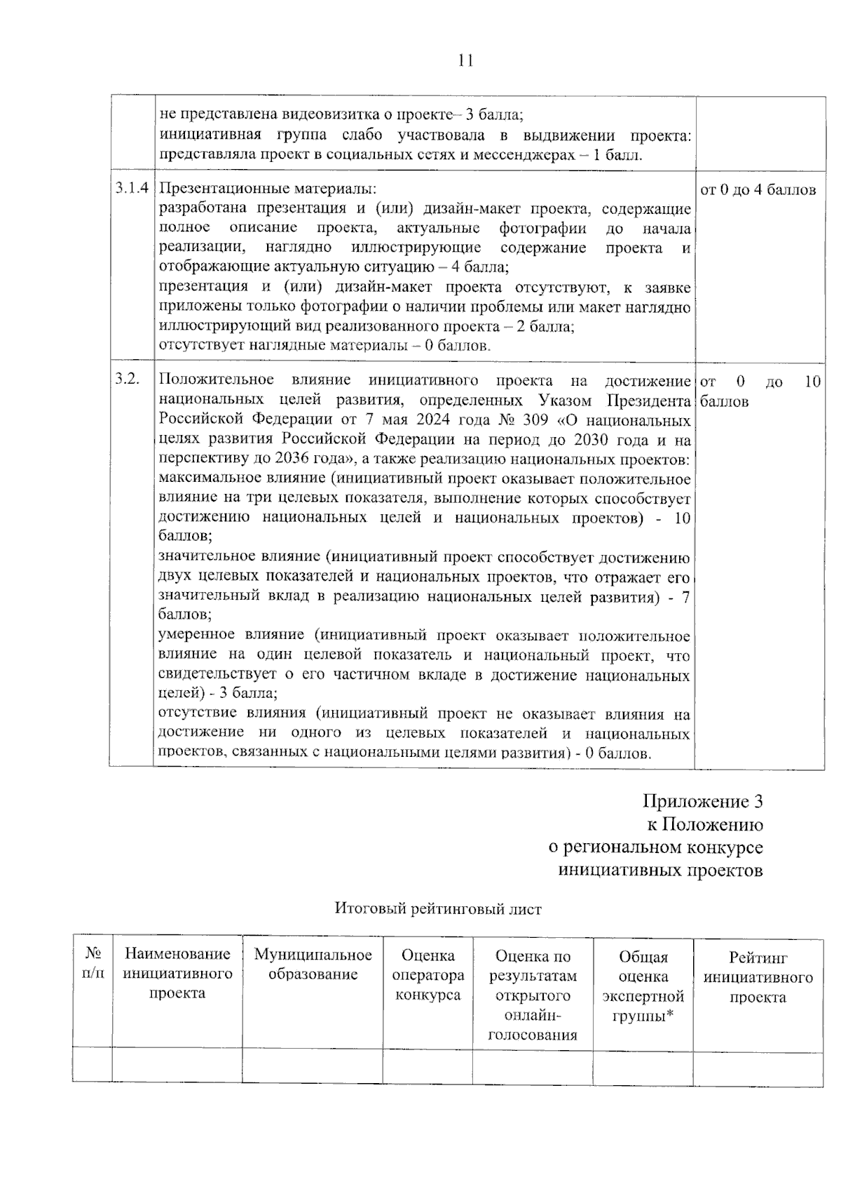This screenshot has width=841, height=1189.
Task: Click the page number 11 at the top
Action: tap(465, 60)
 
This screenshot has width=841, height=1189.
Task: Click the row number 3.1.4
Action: tap(131, 189)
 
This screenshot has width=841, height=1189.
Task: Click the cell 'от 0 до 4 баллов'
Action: tap(758, 190)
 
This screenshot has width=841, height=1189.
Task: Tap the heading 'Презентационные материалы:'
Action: tap(267, 189)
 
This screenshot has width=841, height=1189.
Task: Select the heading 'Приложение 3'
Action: tap(702, 801)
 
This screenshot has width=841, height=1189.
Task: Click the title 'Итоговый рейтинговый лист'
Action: tap(437, 908)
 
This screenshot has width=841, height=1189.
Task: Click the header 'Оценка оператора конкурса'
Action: tap(428, 975)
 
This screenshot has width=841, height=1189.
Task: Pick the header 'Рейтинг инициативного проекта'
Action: tap(758, 977)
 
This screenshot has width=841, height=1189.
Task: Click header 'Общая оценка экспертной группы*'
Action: tap(643, 986)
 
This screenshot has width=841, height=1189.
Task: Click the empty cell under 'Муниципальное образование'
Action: tap(313, 1066)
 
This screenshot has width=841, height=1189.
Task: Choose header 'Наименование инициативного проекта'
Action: tap(177, 974)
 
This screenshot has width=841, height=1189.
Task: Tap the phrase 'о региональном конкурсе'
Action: tap(655, 847)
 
